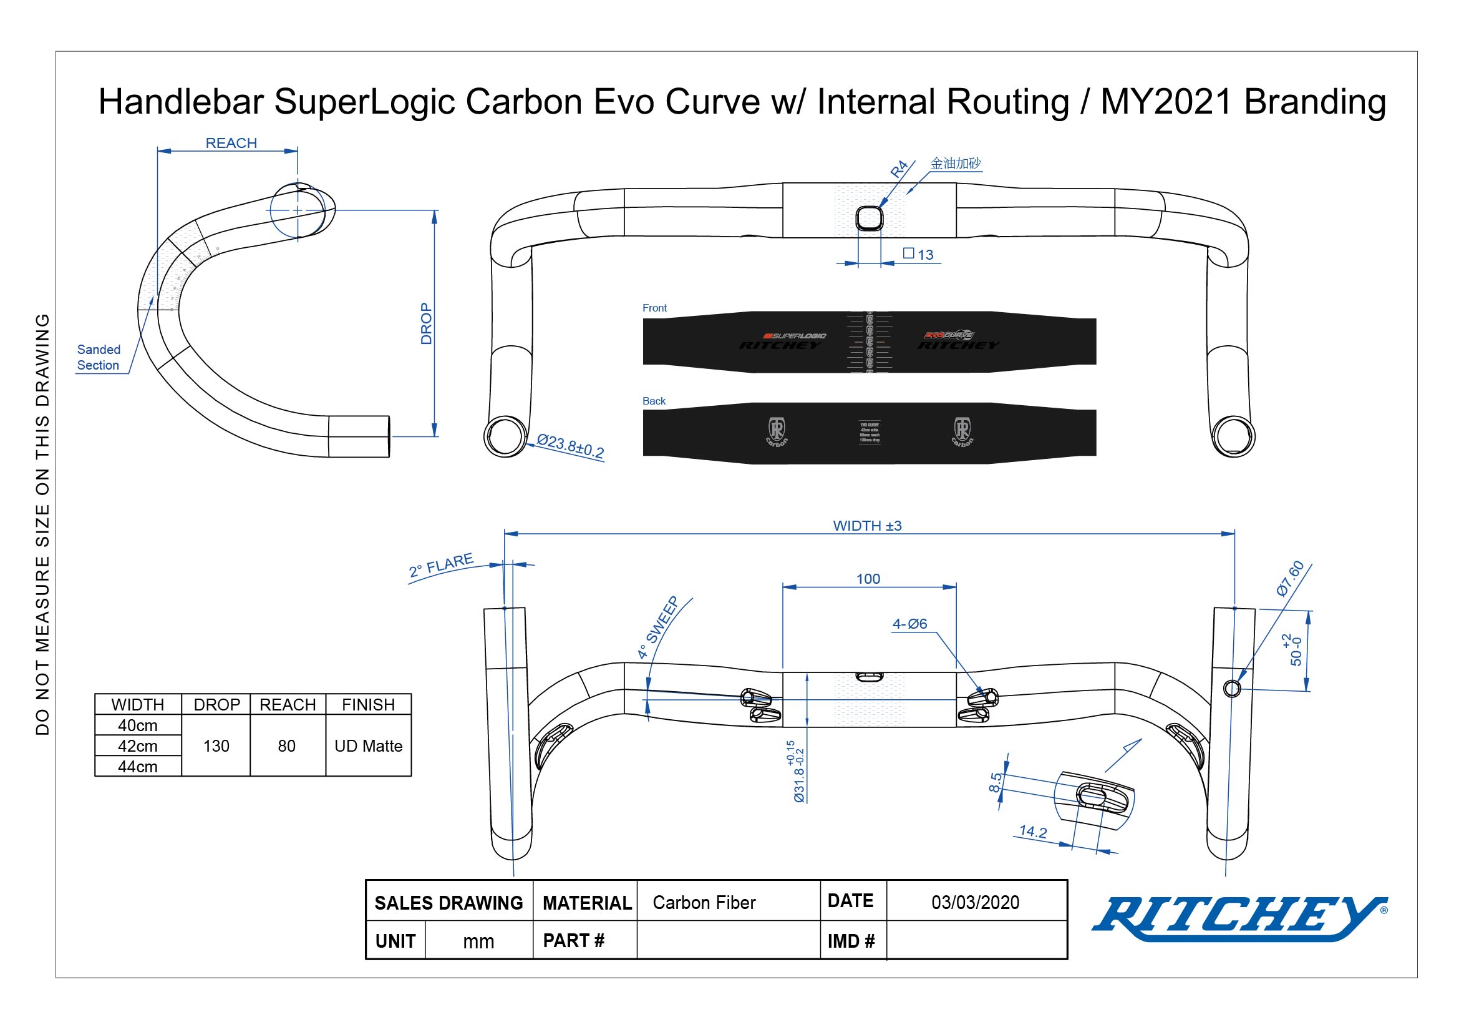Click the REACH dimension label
tap(231, 143)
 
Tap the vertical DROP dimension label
tap(427, 323)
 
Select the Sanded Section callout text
tap(99, 357)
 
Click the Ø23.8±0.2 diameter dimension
tap(570, 446)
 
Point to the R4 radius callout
tap(898, 169)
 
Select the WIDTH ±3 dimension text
tap(867, 526)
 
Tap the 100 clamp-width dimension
tap(868, 579)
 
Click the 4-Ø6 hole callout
tap(909, 624)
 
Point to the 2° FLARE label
tap(442, 564)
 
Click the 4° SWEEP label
tap(658, 627)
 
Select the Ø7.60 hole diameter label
tap(1290, 578)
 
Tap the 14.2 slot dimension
tap(1032, 832)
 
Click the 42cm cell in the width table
tap(138, 746)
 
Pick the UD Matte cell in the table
tap(369, 746)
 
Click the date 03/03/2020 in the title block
tap(976, 902)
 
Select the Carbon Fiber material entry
tap(704, 903)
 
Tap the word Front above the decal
tap(654, 308)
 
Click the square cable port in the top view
tap(870, 219)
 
